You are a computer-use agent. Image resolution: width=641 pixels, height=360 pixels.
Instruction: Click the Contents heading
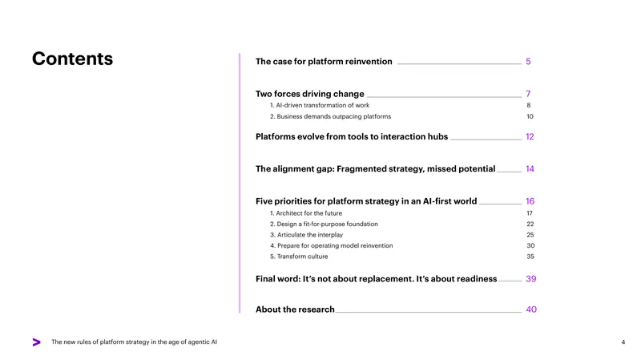point(72,59)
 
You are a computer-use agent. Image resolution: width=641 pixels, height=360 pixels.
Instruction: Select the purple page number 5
point(528,62)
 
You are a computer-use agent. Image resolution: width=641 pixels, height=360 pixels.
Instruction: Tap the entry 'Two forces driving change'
point(309,94)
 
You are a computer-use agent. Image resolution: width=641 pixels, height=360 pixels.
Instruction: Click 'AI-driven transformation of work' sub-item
point(319,105)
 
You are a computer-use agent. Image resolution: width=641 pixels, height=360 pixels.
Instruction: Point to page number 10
point(530,116)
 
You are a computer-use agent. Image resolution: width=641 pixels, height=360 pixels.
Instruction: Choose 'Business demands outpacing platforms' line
point(330,116)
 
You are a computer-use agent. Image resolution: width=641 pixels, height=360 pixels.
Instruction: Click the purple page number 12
point(530,136)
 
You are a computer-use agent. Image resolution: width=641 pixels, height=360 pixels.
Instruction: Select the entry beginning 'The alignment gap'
point(375,168)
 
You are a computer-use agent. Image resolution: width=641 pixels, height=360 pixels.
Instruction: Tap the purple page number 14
point(530,169)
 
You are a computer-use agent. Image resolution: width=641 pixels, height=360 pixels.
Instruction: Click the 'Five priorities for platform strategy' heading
point(366,201)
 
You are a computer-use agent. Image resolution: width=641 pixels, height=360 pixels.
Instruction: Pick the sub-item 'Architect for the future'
point(306,213)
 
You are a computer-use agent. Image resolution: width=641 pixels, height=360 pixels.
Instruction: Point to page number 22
point(530,224)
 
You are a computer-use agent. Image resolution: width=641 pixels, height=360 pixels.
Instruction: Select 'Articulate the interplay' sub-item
point(306,235)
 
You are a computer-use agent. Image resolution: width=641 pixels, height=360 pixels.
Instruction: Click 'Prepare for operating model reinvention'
point(331,245)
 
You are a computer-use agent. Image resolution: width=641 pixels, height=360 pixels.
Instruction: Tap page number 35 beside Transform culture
point(530,257)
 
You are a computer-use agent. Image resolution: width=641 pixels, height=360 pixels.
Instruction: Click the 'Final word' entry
point(376,278)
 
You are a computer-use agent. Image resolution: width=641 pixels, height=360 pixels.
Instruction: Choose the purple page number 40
point(531,309)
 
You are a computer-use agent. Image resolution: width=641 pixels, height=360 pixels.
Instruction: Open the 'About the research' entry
point(295,309)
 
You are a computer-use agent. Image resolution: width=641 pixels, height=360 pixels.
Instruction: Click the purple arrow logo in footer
point(36,342)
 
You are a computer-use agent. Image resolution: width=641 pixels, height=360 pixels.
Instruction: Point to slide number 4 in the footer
point(623,342)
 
